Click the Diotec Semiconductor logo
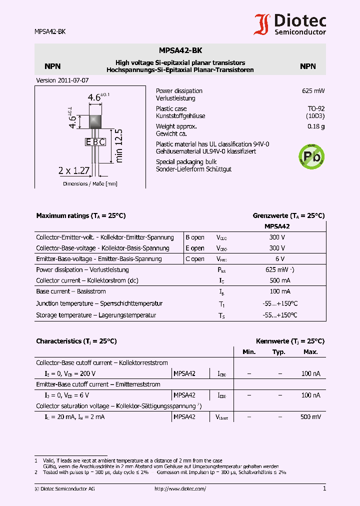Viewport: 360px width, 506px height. pos(290,24)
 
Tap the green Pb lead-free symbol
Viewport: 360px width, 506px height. pos(311,156)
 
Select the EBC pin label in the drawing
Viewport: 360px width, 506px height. pos(95,142)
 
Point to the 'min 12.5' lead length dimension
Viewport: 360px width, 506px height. pos(118,145)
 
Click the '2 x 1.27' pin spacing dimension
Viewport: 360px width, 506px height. pos(73,170)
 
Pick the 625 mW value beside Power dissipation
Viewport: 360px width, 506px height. pos(313,91)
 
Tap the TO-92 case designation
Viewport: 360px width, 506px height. pos(316,108)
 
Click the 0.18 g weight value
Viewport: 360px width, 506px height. pos(316,126)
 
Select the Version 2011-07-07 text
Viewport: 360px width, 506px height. pos(62,80)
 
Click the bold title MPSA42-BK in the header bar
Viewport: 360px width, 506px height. pos(180,50)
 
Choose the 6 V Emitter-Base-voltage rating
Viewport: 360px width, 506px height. pos(279,259)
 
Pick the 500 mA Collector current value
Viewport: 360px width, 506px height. pos(279,280)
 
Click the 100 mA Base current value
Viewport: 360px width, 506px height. pos(279,291)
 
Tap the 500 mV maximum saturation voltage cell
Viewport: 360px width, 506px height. pos(310,416)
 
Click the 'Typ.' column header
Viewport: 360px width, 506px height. pos(279,352)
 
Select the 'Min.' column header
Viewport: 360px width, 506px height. pos(249,352)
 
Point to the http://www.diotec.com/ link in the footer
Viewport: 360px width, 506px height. pos(180,489)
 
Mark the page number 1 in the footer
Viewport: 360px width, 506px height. pos(324,488)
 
